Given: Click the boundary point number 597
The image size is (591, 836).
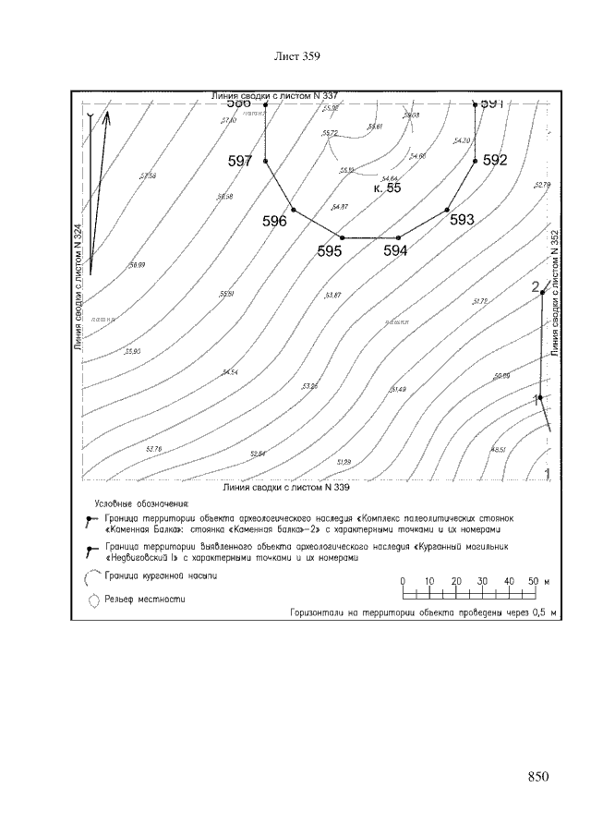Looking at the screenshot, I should [x=240, y=161].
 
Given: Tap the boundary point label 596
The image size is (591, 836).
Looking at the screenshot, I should [x=274, y=221].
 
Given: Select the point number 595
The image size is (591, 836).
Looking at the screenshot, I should [x=330, y=250].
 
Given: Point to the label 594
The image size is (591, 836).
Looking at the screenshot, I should [x=395, y=250].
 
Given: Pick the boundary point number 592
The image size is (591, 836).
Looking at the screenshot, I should [x=495, y=160].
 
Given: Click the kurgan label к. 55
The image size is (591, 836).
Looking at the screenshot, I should [x=387, y=188].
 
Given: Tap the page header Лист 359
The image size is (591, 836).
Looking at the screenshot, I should [x=297, y=57].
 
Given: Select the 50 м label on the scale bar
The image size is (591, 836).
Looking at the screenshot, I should [x=537, y=580].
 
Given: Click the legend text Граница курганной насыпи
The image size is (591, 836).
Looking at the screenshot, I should [x=162, y=576].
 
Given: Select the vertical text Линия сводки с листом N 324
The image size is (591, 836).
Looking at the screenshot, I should [x=78, y=287].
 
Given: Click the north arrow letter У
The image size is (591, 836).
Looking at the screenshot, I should [x=90, y=116].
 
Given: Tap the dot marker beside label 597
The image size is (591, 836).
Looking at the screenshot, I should [x=265, y=162].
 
